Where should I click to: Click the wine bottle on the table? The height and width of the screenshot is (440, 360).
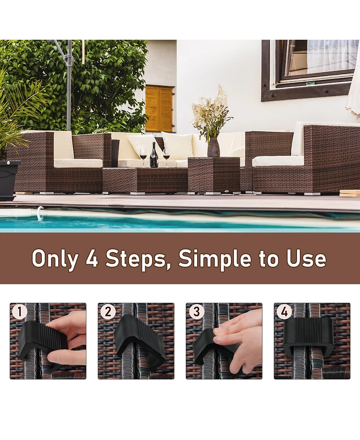pyautogui.click(x=154, y=156)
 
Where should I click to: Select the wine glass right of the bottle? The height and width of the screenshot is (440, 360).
pyautogui.click(x=166, y=156)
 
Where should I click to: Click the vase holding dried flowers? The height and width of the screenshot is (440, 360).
pyautogui.click(x=213, y=147)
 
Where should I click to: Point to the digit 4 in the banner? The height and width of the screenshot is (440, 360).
pyautogui.click(x=92, y=259)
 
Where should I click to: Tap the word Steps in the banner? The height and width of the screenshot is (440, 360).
pyautogui.click(x=137, y=259)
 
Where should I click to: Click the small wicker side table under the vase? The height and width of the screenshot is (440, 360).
pyautogui.click(x=214, y=175)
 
